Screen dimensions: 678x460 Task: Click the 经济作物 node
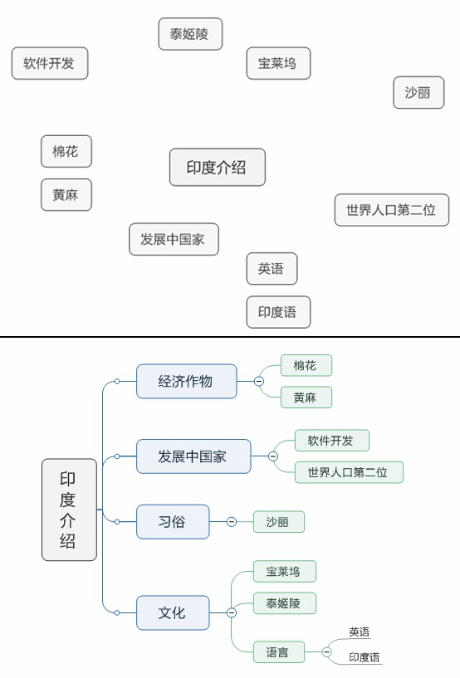(x=186, y=381)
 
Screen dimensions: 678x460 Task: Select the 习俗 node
(x=172, y=522)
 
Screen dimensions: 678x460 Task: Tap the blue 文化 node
(x=172, y=613)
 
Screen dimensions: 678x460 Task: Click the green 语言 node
(x=278, y=652)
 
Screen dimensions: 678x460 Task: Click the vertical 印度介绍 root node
(x=69, y=510)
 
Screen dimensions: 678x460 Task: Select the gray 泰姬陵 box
(x=190, y=34)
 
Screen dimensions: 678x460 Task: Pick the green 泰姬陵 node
(x=285, y=603)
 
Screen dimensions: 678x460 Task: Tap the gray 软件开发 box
(x=49, y=63)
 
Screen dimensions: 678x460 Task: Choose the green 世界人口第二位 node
(x=348, y=472)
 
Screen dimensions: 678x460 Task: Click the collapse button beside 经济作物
(x=259, y=382)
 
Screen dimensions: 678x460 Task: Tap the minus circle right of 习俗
(x=232, y=522)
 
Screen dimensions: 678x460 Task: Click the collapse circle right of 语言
(x=326, y=652)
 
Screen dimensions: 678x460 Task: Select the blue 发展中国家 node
(x=193, y=456)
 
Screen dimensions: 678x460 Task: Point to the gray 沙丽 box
(x=418, y=92)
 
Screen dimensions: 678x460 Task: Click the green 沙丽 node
(x=278, y=522)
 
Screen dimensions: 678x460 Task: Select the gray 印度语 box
(x=278, y=312)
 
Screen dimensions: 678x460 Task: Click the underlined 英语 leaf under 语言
(x=360, y=632)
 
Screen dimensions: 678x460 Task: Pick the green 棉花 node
(x=305, y=365)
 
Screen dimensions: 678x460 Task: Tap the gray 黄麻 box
(x=66, y=195)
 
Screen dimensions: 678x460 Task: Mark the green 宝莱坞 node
(x=284, y=571)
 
